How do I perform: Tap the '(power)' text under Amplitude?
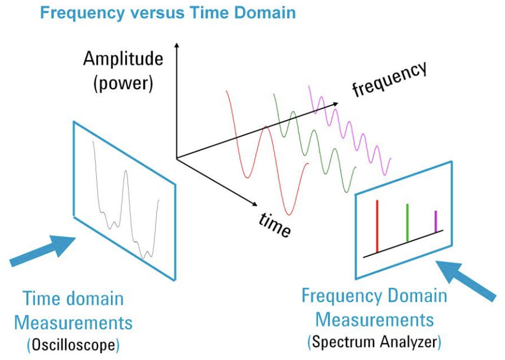123,83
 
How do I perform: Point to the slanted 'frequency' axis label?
389,80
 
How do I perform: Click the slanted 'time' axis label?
275,224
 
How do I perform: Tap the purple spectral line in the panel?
436,221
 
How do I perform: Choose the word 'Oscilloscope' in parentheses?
74,343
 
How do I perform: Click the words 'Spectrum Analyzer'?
374,341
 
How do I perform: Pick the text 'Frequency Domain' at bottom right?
374,296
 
